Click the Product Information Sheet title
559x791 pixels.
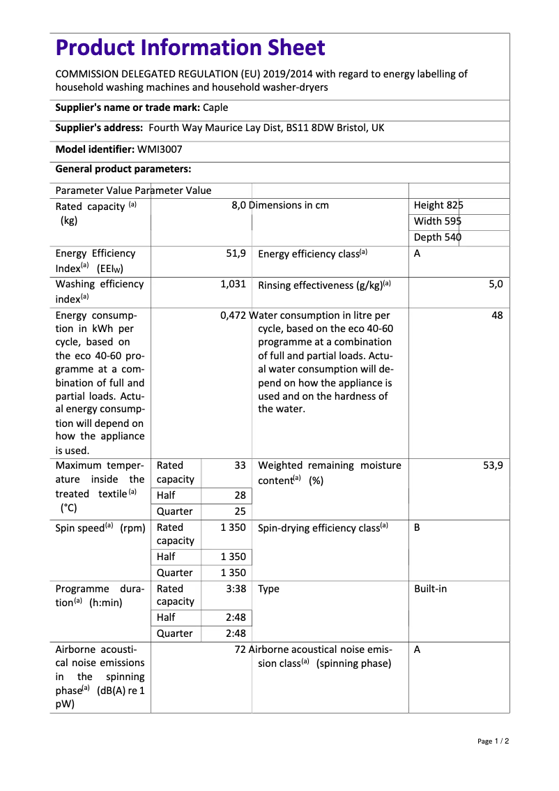click(x=190, y=48)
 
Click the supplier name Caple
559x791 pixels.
click(x=215, y=107)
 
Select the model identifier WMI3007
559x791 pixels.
click(x=160, y=149)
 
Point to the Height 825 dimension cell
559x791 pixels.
click(x=438, y=205)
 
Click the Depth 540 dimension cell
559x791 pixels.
click(x=438, y=237)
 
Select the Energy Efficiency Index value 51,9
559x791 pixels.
click(x=236, y=254)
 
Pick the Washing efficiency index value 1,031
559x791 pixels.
click(x=233, y=285)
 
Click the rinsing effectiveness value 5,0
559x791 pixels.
click(x=496, y=285)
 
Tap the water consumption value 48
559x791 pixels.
click(x=497, y=315)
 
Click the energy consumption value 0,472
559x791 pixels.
click(x=233, y=315)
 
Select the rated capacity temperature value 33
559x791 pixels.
click(x=240, y=465)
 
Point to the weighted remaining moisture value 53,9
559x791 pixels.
click(x=492, y=465)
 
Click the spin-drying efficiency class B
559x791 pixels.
click(x=417, y=528)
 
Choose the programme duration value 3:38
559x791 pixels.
click(x=236, y=589)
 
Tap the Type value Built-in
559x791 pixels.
click(x=430, y=589)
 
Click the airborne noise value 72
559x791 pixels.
click(x=240, y=649)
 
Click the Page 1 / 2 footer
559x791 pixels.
click(x=493, y=741)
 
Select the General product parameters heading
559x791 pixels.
click(x=123, y=169)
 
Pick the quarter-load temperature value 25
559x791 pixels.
click(x=240, y=511)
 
